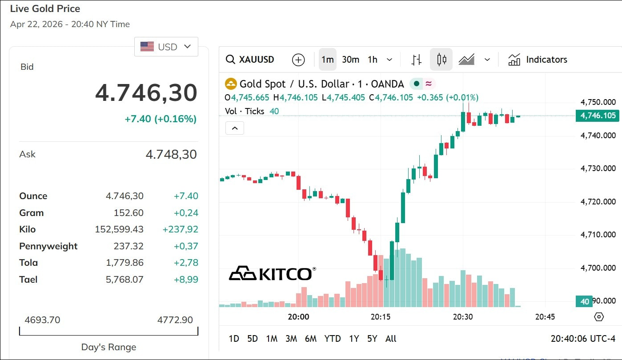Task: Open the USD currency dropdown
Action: (166, 47)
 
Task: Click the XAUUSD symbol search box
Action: (250, 60)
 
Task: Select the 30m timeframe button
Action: (350, 60)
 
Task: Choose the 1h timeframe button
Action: (373, 60)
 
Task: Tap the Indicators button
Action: (538, 60)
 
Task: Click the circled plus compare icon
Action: (298, 60)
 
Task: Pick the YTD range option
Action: (333, 339)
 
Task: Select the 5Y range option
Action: (372, 339)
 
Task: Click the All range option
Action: (391, 339)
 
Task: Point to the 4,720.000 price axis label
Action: (598, 202)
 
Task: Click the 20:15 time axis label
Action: (381, 317)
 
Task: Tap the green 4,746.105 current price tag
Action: (598, 116)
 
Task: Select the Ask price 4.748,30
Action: (171, 155)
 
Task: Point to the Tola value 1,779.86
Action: (124, 263)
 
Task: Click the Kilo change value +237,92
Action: (180, 229)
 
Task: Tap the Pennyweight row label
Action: (48, 246)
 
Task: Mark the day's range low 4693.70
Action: (42, 320)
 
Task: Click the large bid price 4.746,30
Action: (146, 93)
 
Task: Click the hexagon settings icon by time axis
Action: (599, 317)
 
